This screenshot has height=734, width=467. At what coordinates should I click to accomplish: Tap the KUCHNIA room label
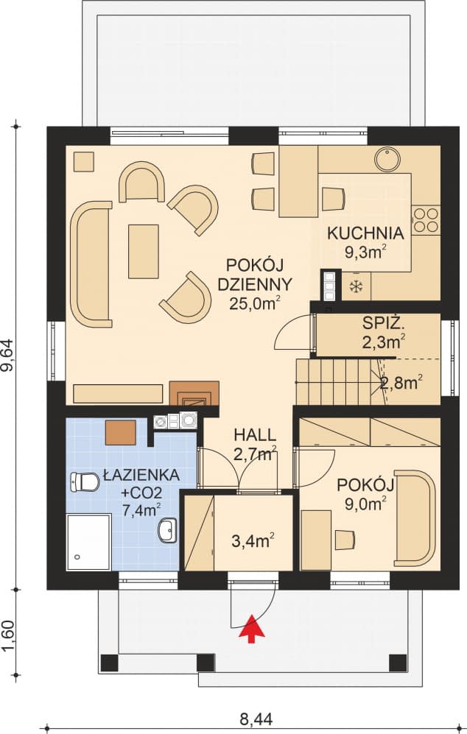click(x=365, y=234)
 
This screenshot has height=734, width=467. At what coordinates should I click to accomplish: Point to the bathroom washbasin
click(x=169, y=528)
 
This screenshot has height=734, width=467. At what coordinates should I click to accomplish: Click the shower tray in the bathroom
click(x=88, y=542)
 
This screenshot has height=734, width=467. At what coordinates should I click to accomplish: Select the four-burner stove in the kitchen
click(x=425, y=219)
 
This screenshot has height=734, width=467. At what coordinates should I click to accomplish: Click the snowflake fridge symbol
click(x=357, y=285)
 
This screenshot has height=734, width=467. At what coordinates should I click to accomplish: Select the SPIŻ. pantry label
click(x=383, y=322)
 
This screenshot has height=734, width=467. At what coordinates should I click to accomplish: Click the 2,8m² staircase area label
click(x=401, y=382)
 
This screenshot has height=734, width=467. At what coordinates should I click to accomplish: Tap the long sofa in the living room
click(x=91, y=264)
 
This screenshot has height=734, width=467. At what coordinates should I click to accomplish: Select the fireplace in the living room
click(x=194, y=394)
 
